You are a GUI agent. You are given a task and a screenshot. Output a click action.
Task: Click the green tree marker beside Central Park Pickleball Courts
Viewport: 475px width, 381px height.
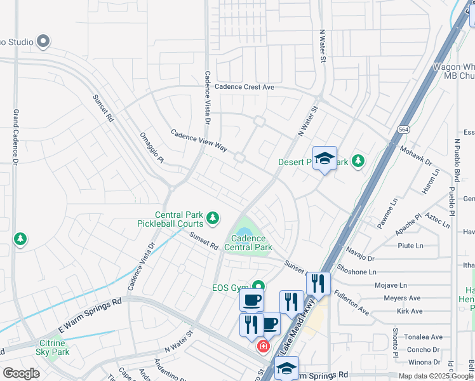(x=212, y=219)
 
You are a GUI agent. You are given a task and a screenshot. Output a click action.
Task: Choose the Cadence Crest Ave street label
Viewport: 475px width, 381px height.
(x=244, y=87)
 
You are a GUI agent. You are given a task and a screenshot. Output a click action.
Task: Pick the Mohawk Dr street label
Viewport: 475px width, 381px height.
(x=416, y=158)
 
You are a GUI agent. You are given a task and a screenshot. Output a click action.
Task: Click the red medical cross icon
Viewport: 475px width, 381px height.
(x=262, y=347)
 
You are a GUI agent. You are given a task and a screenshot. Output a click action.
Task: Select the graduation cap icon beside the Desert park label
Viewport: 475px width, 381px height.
(x=324, y=159)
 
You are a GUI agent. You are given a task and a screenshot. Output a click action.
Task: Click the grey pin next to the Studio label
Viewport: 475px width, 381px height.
(x=43, y=42)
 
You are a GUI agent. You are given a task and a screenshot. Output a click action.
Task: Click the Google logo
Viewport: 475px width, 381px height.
(x=21, y=373)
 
